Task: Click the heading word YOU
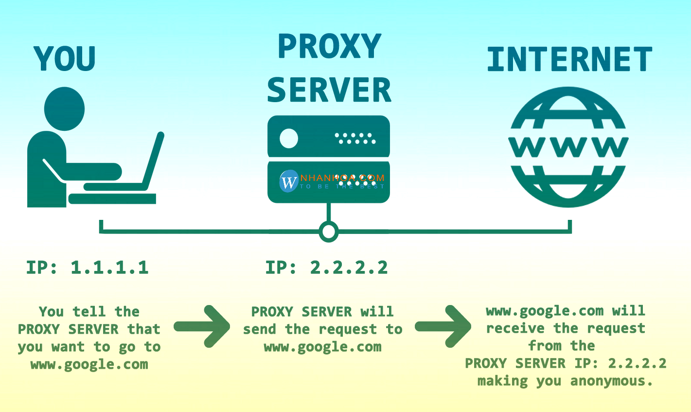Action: click(x=65, y=58)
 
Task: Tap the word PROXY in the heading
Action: click(x=329, y=47)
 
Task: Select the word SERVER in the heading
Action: click(x=329, y=90)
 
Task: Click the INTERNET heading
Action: click(x=569, y=60)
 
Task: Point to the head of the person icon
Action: click(x=65, y=108)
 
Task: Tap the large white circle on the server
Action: click(x=289, y=139)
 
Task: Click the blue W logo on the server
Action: click(x=288, y=181)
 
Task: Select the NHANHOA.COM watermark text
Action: click(x=342, y=178)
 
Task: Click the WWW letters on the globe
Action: click(x=568, y=147)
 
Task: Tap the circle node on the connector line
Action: click(x=329, y=231)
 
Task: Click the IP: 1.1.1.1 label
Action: click(x=88, y=268)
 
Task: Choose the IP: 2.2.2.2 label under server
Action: click(x=326, y=268)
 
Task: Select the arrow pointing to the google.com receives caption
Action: click(x=443, y=326)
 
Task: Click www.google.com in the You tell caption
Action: click(x=89, y=364)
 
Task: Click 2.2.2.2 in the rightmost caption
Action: click(x=637, y=363)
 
